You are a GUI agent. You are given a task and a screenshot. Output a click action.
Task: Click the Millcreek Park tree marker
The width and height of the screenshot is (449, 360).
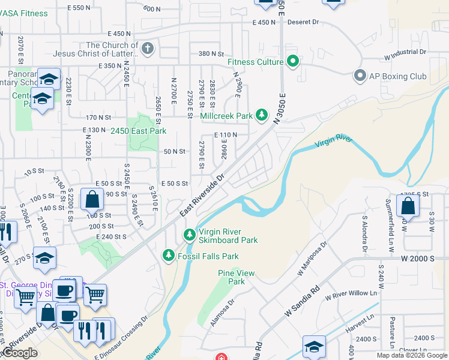[261, 115]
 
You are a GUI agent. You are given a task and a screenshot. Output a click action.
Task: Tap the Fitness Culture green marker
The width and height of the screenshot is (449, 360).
[293, 62]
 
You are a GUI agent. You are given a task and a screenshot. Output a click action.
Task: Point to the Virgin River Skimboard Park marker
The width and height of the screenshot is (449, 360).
[189, 234]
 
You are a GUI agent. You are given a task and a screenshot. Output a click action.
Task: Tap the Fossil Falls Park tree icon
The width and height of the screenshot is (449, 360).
[169, 256]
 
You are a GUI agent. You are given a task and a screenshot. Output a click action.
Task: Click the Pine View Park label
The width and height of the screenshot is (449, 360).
[237, 277]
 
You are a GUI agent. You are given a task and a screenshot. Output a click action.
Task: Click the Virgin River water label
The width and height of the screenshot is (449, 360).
[333, 142]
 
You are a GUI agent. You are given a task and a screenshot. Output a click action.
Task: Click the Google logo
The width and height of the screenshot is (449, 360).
[20, 353]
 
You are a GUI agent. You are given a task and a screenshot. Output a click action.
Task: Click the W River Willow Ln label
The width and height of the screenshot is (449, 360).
[354, 295]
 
